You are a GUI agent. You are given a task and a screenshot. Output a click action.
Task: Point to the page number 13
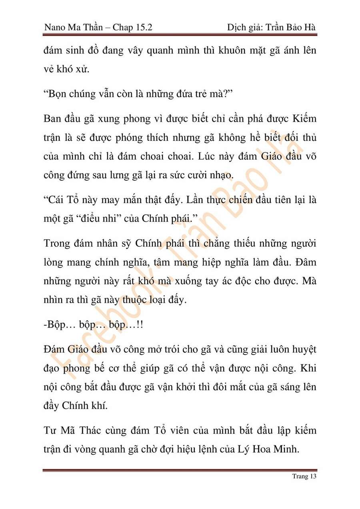click(x=312, y=476)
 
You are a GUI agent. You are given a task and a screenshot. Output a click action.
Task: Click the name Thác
click(x=108, y=430)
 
